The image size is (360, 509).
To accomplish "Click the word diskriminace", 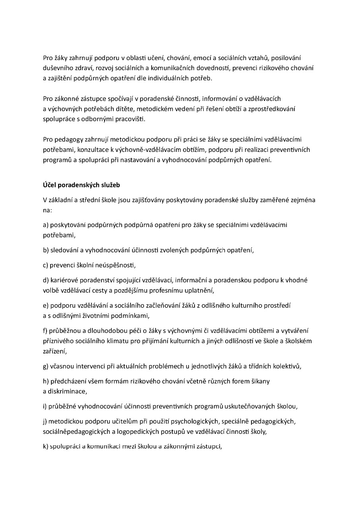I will pyautogui.click(x=67, y=391).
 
